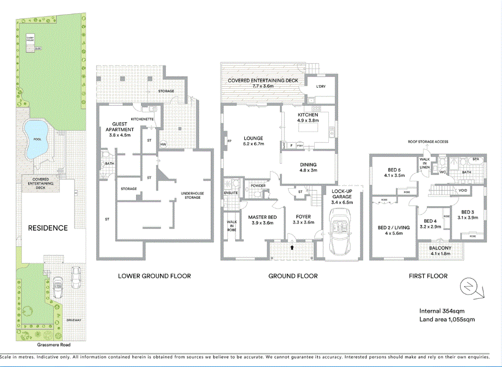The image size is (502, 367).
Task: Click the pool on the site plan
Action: coord(36,139)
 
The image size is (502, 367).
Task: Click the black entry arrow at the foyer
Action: coord(292,248)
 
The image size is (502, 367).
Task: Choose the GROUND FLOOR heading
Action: coord(293,276)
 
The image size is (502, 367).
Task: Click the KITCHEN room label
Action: coord(308,115)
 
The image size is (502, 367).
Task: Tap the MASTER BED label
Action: coord(262,217)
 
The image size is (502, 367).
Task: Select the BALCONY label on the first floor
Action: coord(441,248)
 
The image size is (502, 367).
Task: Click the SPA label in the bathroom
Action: coord(475,159)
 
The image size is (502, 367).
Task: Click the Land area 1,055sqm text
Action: coord(447,320)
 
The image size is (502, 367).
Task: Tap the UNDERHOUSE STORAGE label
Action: coord(192,195)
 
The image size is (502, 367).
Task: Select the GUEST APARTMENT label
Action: coord(120,127)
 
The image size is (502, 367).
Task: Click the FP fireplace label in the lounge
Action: coord(228,141)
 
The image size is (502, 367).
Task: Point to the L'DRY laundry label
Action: coord(321,86)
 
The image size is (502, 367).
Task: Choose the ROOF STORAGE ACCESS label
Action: coord(428,142)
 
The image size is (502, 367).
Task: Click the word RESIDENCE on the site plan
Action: coord(47,228)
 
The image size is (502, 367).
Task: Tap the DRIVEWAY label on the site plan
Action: coord(74,320)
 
